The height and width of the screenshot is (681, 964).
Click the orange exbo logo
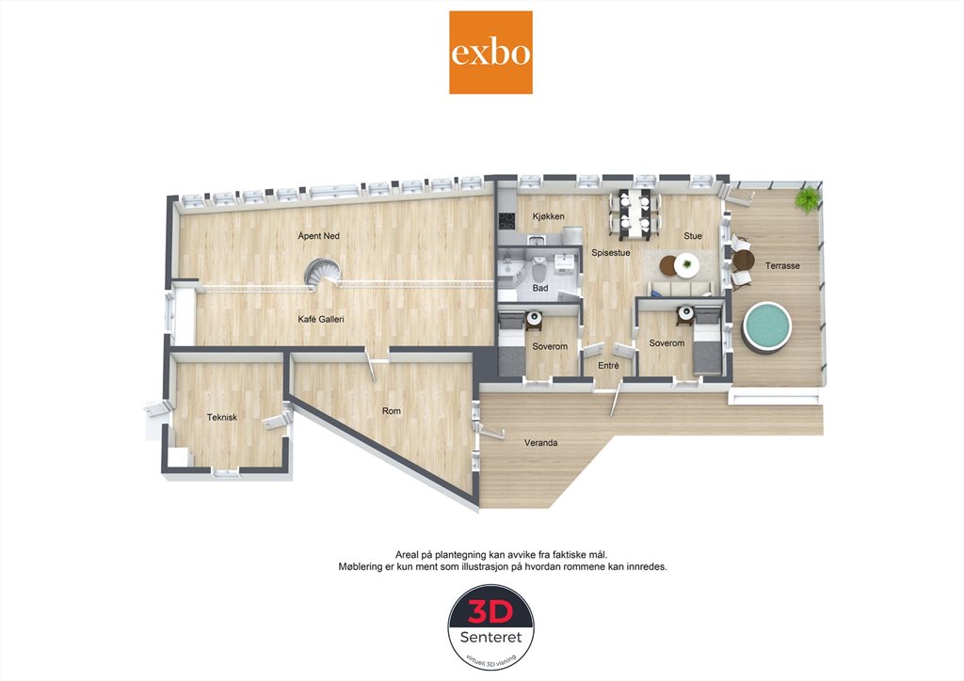[490, 52]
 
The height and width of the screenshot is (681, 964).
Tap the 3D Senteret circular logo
[490, 627]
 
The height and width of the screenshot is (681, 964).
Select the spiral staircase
[324, 274]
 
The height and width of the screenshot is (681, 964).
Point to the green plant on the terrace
[807, 199]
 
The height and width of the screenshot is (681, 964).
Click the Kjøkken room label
[549, 216]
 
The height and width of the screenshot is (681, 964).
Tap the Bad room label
[540, 288]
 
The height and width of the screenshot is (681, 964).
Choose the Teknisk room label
[222, 417]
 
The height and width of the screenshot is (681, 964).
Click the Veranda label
[541, 442]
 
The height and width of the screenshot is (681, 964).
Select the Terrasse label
[782, 266]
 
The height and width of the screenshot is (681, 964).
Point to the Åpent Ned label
[318, 236]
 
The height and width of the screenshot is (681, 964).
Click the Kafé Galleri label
[321, 319]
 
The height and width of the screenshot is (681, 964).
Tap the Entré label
[609, 365]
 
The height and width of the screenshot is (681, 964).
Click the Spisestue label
[610, 252]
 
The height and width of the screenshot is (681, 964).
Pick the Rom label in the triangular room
[392, 411]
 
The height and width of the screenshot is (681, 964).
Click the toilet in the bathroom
[539, 268]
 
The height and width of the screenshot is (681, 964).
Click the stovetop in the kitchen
[506, 219]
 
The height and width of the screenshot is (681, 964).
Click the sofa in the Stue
[680, 289]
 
